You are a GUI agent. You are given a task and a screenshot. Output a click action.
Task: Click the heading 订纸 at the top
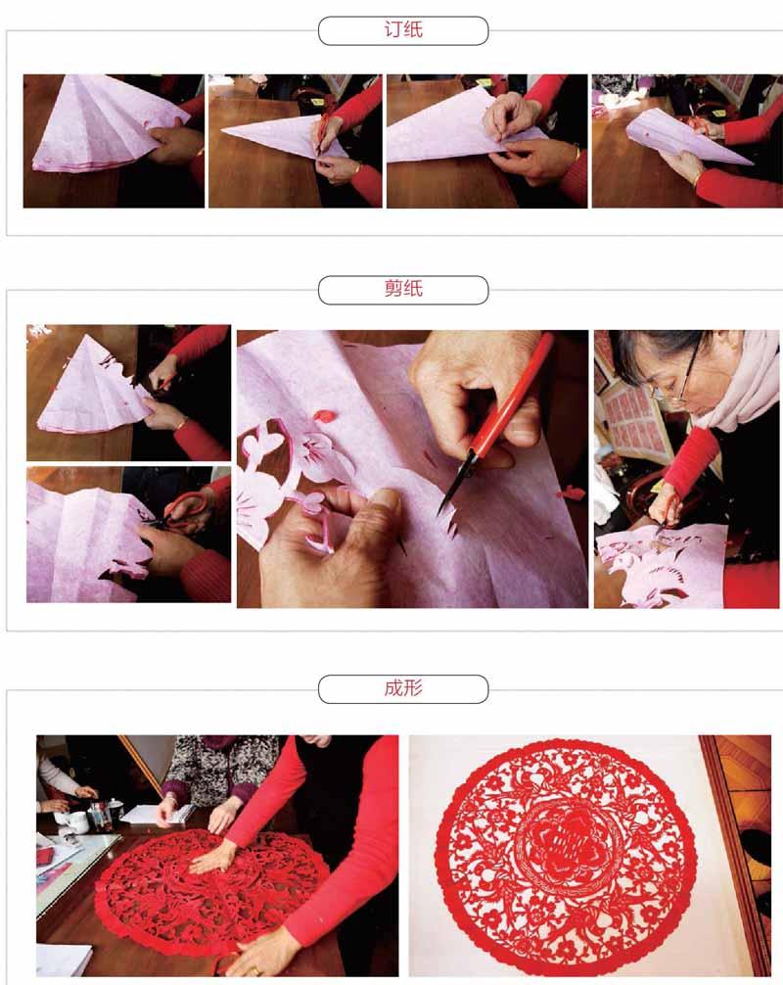402,30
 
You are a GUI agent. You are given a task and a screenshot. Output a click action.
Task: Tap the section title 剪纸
402,290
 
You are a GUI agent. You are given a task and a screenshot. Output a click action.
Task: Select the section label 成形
402,688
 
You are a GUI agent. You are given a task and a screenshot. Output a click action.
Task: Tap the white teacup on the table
77,821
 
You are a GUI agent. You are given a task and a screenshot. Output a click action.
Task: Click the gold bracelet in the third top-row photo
576,155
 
